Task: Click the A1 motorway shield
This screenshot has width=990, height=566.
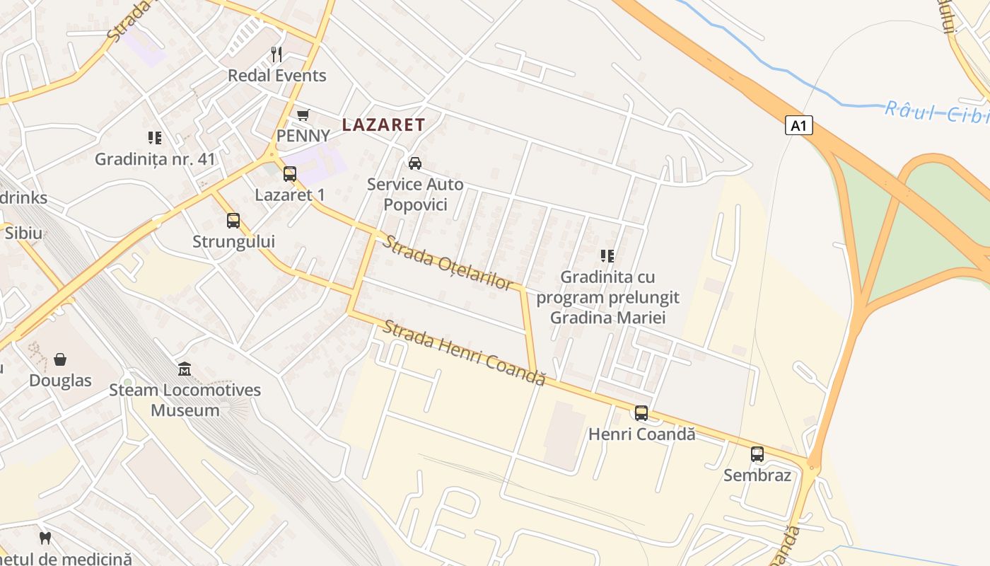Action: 798,126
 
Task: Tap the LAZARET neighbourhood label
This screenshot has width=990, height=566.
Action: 384,125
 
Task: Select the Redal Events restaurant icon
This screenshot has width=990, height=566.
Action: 276,54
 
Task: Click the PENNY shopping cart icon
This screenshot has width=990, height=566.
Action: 303,115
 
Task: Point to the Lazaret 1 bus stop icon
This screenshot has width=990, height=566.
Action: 289,174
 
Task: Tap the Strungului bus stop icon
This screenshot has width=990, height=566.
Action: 233,221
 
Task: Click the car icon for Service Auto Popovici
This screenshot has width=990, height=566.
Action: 415,163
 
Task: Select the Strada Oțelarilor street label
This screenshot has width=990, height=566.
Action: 448,262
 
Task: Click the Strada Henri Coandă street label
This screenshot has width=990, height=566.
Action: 465,352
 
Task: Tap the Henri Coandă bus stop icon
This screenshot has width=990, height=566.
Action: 641,413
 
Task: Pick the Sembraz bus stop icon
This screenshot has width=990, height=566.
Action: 757,454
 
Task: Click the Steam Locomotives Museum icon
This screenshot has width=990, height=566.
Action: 185,369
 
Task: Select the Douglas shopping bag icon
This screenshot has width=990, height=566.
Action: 60,359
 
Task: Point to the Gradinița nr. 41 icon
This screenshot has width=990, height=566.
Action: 155,138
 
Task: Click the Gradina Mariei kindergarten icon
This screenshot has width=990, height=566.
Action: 607,255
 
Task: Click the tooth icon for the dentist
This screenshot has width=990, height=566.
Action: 46,538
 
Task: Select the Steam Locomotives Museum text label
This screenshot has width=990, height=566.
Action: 185,400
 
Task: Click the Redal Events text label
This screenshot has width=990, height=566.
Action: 276,76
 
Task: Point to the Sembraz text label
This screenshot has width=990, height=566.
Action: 757,475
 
